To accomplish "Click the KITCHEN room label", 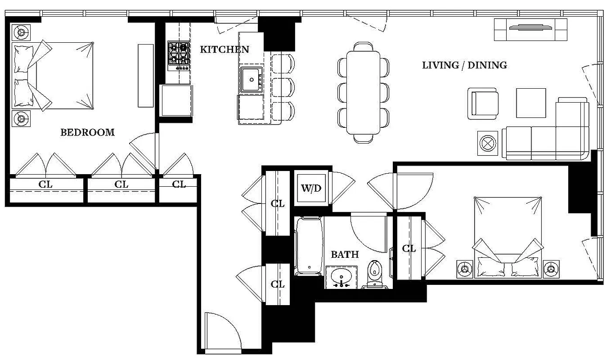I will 224,49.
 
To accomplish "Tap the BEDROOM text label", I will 87,132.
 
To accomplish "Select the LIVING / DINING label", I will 464,65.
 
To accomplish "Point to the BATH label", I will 345,255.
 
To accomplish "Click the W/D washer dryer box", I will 311,188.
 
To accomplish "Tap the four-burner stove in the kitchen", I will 178,55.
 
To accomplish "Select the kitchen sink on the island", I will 251,80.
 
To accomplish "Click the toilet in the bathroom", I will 374,274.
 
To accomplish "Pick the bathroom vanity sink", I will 341,277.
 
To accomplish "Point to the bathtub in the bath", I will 309,246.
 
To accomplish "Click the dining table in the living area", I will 364,92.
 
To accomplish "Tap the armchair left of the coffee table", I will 483,103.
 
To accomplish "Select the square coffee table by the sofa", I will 530,103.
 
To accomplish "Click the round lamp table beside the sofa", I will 487,143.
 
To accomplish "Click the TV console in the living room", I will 530,29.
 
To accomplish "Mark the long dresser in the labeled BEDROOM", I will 145,75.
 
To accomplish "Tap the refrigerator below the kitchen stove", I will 176,100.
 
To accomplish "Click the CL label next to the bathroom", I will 409,248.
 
